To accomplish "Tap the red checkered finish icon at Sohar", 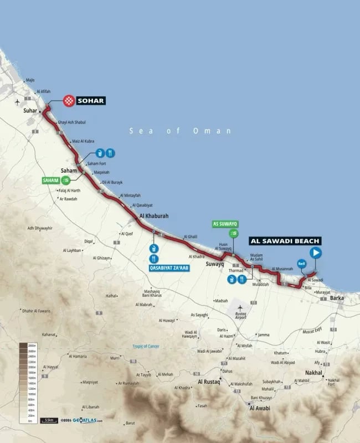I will pos(69,100).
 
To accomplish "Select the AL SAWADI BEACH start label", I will pos(285,241).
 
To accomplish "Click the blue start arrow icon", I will pos(316,253).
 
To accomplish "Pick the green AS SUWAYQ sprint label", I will pos(225,224).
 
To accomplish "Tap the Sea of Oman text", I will pos(180,131).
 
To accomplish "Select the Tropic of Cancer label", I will pos(146,347).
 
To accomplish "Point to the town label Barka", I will pos(336,298).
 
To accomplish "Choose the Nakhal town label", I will pos(313,373).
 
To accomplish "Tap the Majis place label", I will pos(30,80).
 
